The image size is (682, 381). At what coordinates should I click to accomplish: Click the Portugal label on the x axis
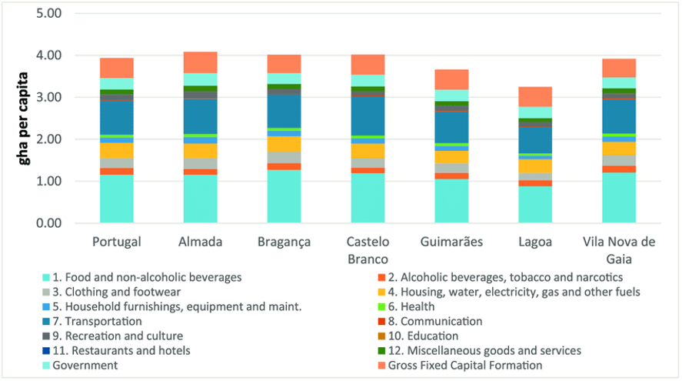coord(116,242)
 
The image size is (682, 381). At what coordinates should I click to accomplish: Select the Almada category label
coord(200,242)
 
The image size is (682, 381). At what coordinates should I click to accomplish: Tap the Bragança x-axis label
coord(284,242)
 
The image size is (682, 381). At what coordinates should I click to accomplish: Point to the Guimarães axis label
coord(451,242)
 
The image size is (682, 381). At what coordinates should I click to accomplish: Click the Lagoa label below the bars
coord(535,242)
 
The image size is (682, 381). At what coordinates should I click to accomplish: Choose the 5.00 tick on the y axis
coord(49,14)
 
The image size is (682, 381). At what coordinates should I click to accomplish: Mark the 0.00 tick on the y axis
coord(49,223)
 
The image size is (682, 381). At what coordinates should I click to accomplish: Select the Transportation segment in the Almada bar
coord(200,116)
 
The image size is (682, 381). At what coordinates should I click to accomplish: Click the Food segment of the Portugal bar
coord(116,199)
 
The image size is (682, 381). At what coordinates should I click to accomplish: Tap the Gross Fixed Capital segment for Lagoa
coord(535,96)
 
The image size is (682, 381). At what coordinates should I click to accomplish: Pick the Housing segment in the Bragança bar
coord(284,144)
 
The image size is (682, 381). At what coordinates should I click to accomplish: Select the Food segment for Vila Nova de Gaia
coord(619,198)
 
